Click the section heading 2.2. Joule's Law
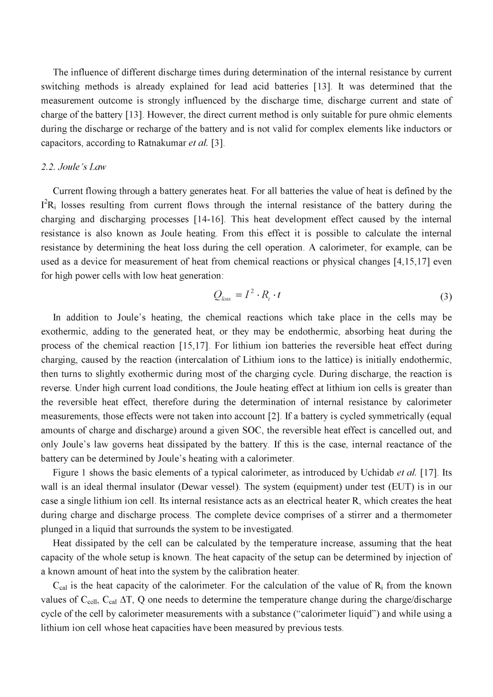pyautogui.click(x=73, y=167)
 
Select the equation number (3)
pyautogui.click(x=446, y=297)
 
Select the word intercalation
pyautogui.click(x=250, y=359)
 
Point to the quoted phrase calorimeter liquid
pyautogui.click(x=338, y=614)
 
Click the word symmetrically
pyautogui.click(x=391, y=416)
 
